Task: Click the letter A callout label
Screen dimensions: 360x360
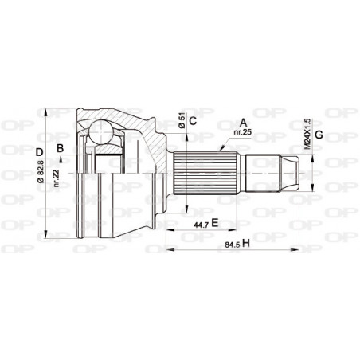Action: click(243, 123)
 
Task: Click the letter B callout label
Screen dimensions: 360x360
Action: click(61, 148)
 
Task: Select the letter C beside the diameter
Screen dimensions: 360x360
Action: click(194, 122)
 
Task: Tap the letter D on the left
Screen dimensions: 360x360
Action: click(38, 151)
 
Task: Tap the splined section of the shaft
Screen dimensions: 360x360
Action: click(207, 170)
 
